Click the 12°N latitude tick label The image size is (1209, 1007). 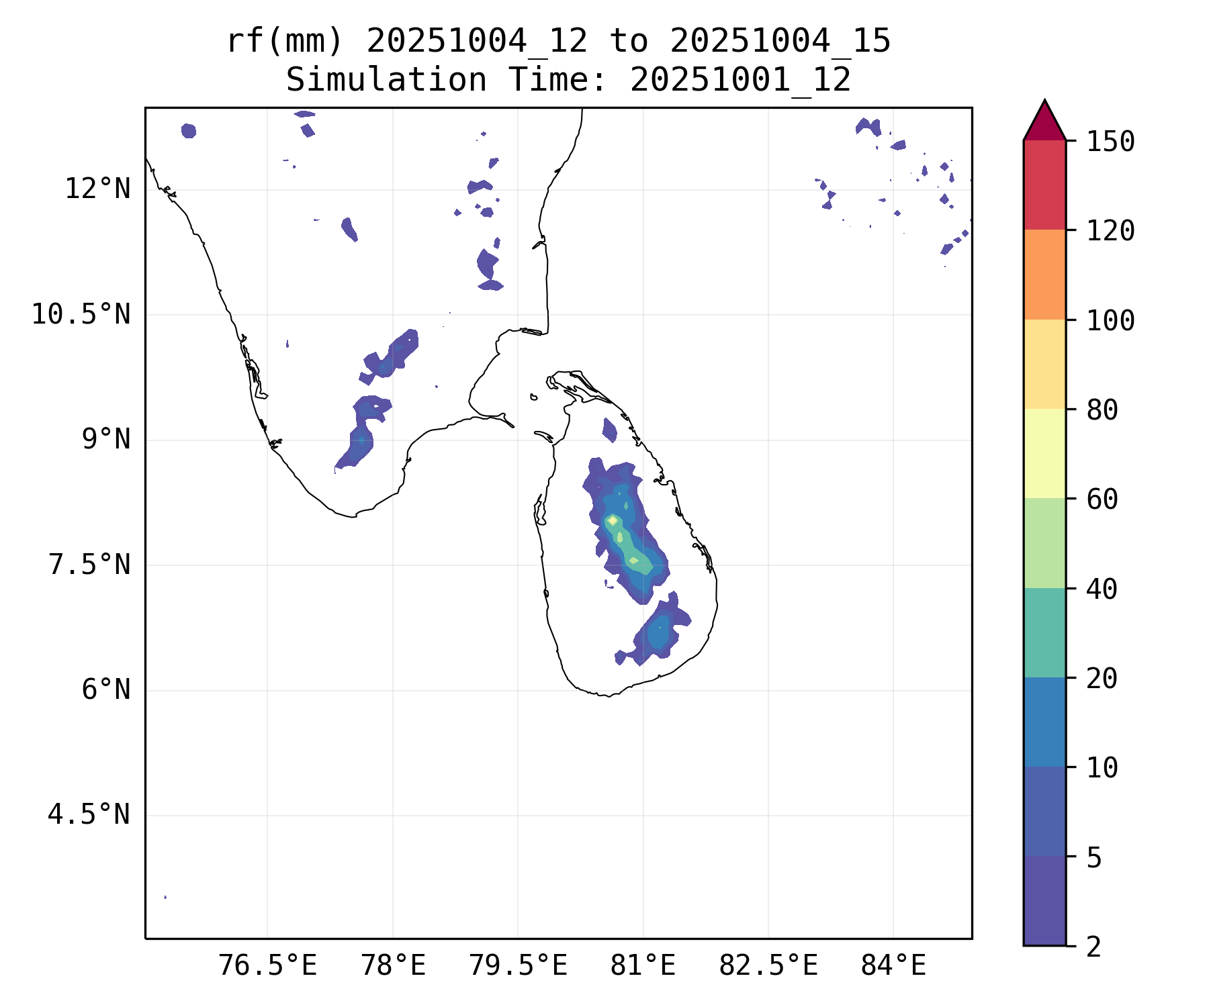97,189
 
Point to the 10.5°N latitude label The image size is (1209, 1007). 81,314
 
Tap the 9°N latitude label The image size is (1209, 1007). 106,440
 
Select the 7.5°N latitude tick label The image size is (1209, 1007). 89,565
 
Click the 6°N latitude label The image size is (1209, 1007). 106,690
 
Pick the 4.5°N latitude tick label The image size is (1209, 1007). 89,815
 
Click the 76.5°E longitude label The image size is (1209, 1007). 268,966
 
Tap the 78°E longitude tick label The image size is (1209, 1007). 394,966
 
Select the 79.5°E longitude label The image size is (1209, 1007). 518,966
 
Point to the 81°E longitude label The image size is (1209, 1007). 643,966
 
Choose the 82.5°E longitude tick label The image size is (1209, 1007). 768,966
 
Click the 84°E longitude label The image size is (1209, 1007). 893,966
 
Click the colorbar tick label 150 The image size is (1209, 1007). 1110,142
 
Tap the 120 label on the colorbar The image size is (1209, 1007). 1110,231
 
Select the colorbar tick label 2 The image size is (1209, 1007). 1093,947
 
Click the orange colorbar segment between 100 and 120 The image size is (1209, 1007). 1044,275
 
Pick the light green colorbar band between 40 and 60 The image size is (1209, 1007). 1044,543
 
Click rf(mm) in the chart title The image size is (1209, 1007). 285,42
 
